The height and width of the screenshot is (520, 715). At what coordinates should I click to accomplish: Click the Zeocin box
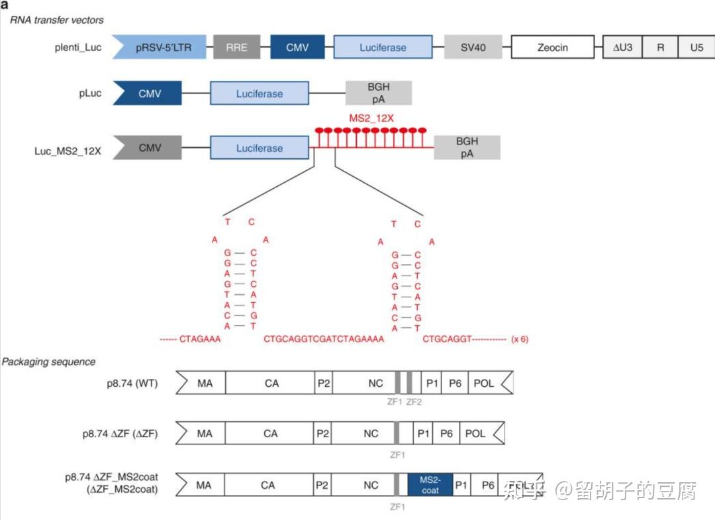[552, 48]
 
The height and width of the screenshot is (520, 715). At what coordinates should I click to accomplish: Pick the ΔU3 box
[622, 48]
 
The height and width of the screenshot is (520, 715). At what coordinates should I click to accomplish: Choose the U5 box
[696, 48]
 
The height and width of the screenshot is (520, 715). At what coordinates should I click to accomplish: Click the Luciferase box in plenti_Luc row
[383, 48]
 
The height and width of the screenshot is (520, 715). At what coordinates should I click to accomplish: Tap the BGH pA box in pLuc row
[379, 93]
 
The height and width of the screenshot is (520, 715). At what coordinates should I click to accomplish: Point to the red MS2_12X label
[371, 118]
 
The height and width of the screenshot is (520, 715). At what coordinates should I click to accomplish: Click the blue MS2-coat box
[430, 485]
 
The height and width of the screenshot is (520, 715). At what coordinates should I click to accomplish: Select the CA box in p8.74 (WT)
[271, 383]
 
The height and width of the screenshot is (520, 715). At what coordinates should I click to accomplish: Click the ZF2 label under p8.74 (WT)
[414, 401]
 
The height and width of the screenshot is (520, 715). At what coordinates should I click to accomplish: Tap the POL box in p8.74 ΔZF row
[475, 433]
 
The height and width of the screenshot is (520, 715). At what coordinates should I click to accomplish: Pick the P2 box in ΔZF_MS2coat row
[322, 485]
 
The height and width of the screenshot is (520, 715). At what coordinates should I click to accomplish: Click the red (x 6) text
[520, 340]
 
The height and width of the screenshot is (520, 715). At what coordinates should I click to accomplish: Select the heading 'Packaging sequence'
[48, 362]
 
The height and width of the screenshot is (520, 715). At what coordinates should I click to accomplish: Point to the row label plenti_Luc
[79, 48]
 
